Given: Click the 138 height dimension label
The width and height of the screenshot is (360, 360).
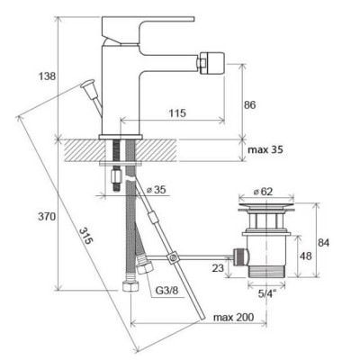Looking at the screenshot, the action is click(47, 76).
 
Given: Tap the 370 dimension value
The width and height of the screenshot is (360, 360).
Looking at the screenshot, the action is click(47, 216).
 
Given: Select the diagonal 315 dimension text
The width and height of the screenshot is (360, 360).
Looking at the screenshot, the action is click(85, 236).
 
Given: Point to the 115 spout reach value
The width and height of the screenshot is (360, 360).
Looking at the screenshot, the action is click(177, 113).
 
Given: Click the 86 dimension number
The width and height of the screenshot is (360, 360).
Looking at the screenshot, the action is click(249, 105).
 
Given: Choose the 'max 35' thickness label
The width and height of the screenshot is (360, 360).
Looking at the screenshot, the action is click(265, 149).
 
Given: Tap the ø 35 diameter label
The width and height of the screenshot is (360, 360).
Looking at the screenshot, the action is click(156, 190).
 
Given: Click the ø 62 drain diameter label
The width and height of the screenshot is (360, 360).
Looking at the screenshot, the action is click(263, 191).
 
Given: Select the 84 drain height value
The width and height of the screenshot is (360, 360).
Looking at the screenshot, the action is click(323, 242).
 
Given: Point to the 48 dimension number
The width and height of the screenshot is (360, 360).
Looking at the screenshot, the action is click(306, 256).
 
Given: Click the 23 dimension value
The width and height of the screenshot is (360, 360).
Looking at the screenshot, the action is click(218, 267).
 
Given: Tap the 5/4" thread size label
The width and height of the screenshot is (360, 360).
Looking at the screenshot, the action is click(267, 293).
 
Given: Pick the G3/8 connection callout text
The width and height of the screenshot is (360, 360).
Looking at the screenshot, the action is click(166, 290).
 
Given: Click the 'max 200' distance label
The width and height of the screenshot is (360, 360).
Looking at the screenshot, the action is click(233, 317).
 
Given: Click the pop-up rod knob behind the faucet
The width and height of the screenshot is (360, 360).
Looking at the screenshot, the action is click(87, 84).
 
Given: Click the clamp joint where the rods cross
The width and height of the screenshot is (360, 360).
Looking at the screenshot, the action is click(173, 257).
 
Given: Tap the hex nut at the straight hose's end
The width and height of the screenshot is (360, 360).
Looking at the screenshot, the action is click(130, 286).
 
